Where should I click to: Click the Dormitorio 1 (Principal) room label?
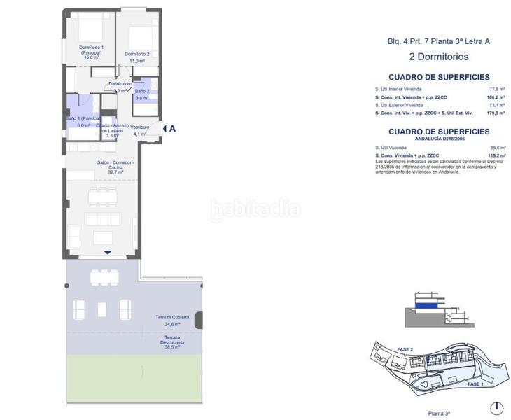[92, 50]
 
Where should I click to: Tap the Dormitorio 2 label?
[137, 54]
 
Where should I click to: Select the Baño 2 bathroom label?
[142, 91]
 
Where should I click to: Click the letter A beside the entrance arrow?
[172, 128]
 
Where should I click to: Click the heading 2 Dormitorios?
[438, 57]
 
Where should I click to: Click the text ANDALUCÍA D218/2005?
[438, 139]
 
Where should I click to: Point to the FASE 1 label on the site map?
[475, 385]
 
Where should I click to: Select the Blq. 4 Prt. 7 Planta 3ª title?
[438, 41]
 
